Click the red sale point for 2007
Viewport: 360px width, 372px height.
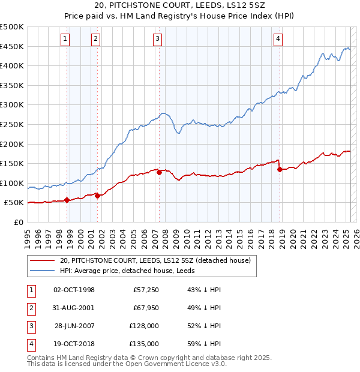[160, 172]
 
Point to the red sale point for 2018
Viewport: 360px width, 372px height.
[280, 169]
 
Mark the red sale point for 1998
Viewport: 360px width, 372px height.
[67, 200]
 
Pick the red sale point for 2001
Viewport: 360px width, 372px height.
[97, 196]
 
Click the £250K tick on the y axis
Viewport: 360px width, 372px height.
[13, 124]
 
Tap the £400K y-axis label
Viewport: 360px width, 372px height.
[13, 65]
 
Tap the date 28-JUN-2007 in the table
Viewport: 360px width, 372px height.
[74, 327]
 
